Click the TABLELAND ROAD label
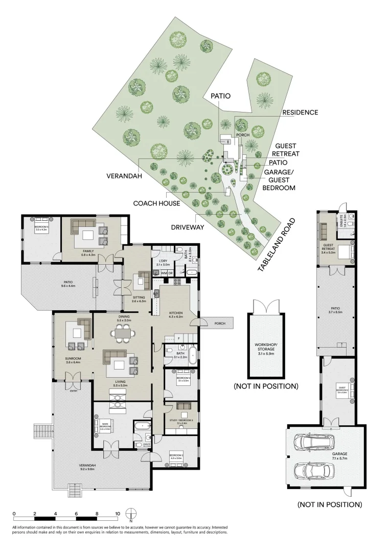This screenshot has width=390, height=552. tap(276, 245)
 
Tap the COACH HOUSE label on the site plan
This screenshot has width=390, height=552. tap(156, 203)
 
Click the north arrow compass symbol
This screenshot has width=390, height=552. tap(131, 514)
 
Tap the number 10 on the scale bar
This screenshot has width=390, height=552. tap(118, 514)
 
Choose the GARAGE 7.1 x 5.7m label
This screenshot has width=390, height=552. tap(339, 456)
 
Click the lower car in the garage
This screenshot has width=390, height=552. tap(310, 470)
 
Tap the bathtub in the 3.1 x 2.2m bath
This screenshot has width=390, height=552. tap(193, 356)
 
